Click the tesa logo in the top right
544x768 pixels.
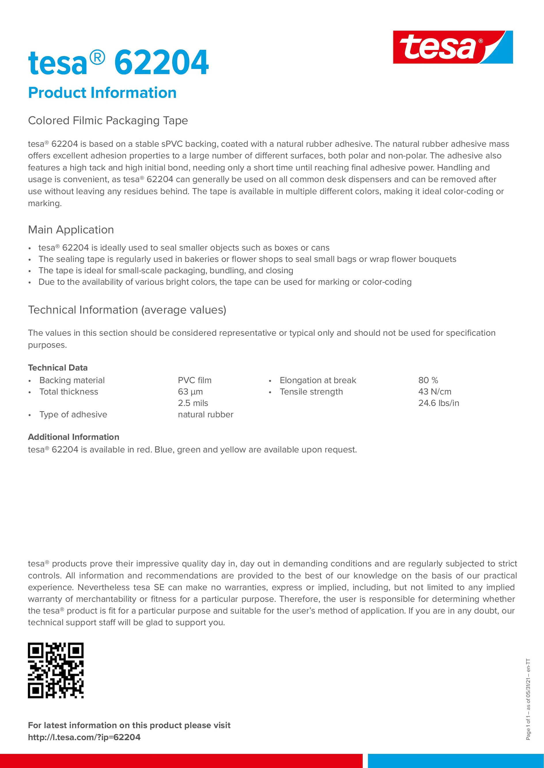pos(453,47)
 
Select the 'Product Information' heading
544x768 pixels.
pos(102,93)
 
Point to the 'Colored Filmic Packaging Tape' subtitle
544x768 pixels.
pos(108,121)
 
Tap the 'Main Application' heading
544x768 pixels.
pos(71,230)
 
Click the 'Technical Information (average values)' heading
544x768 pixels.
pos(127,310)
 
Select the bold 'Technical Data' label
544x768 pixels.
pos(58,368)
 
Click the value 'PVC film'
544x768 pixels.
pos(194,380)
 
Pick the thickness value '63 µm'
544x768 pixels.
pos(190,392)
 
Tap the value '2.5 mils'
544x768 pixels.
pos(193,403)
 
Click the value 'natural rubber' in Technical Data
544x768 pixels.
pos(206,414)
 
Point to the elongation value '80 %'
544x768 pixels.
pos(428,380)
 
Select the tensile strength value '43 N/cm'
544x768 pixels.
pos(435,392)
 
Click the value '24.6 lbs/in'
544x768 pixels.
pos(439,403)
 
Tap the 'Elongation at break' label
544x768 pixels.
pos(318,380)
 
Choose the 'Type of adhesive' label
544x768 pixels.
pos(73,414)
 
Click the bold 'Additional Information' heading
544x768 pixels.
pos(74,437)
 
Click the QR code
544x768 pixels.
pos(56,670)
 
